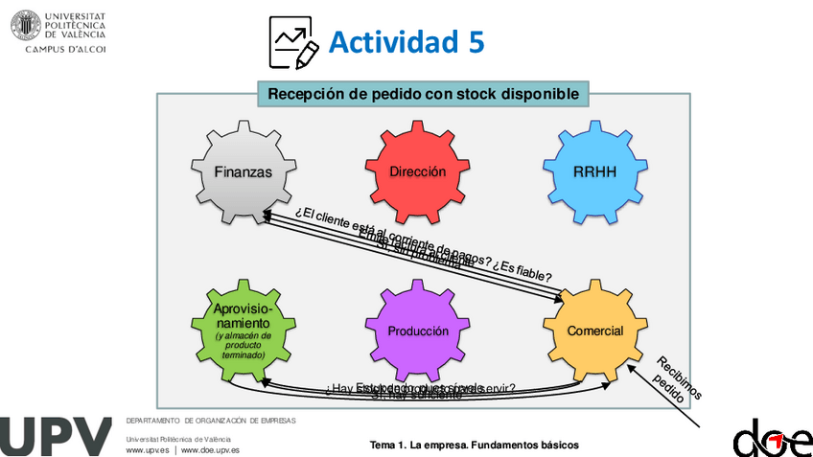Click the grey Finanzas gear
coord(243,172)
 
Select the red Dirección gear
coord(418,172)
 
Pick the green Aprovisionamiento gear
coord(244,331)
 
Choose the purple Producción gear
coord(418,331)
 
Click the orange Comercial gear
coord(594,331)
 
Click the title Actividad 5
coord(406,42)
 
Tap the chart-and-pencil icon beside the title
coord(293,43)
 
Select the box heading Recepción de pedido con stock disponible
coord(423,94)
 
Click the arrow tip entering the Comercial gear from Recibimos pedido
coord(632,365)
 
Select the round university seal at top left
coord(26,25)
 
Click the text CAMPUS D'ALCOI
coord(65,48)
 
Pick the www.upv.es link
coord(148,449)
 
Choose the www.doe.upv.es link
coord(210,449)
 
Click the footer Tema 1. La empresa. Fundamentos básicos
coord(474,446)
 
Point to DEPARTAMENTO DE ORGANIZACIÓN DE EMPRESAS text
coord(211,421)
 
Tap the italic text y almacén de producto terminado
coord(244,345)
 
